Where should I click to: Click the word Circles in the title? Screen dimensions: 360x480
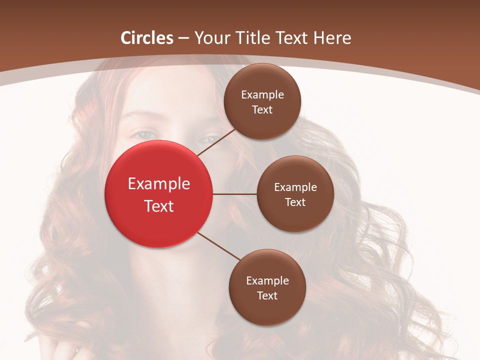tap(147, 38)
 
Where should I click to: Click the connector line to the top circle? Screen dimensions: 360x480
tap(216, 142)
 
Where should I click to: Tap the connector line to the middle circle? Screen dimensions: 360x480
tap(235, 194)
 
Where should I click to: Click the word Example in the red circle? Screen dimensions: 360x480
tap(159, 184)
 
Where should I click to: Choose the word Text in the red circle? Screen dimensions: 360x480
tap(159, 206)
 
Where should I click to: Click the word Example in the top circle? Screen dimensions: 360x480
tap(262, 95)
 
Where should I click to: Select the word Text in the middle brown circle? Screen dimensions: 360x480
tap(295, 202)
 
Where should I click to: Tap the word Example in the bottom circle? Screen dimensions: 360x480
tap(267, 281)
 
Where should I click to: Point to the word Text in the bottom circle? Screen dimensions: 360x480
tap(267, 296)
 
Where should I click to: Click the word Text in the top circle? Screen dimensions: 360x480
tap(262, 110)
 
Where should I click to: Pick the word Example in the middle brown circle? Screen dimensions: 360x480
tap(295, 187)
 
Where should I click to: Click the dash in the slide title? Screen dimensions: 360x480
tap(183, 38)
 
